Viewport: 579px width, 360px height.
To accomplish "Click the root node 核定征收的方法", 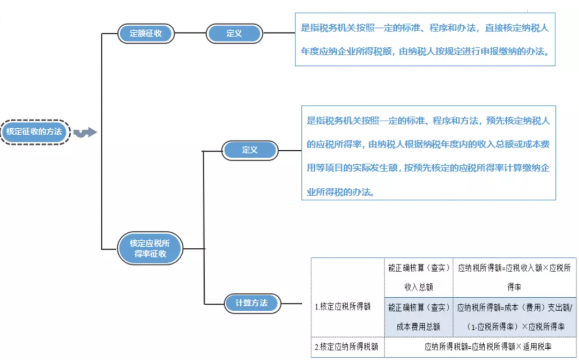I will point(35,132).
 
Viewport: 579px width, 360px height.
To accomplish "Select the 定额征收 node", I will point(146,33).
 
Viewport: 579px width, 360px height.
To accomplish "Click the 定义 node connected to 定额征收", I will point(234,33).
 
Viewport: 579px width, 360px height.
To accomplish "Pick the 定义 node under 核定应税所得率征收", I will point(250,150).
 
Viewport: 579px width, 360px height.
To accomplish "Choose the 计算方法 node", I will point(252,303).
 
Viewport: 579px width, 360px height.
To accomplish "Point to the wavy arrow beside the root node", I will point(85,133).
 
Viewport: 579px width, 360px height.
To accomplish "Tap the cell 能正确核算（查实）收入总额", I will point(419,277).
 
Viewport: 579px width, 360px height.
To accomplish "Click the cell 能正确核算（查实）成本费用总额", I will point(419,317).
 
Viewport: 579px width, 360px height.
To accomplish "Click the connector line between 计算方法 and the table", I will point(296,304).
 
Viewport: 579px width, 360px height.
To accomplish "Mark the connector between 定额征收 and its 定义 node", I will point(190,33).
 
